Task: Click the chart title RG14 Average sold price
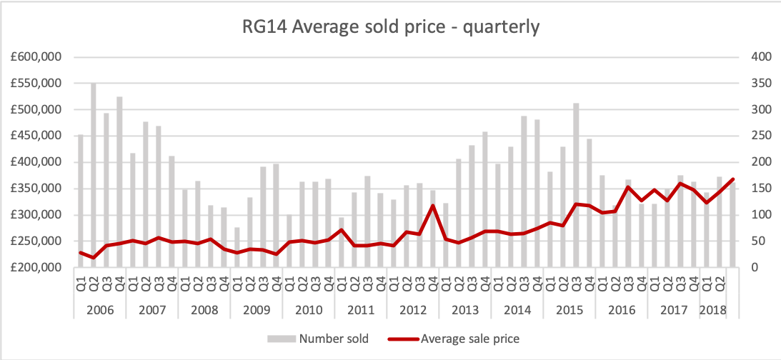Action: pyautogui.click(x=389, y=28)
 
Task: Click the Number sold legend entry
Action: pyautogui.click(x=319, y=339)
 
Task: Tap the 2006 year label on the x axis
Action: pyautogui.click(x=100, y=310)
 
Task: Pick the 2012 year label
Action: pyautogui.click(x=413, y=310)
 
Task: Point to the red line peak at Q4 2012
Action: pyautogui.click(x=432, y=206)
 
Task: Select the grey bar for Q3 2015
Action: pyautogui.click(x=576, y=185)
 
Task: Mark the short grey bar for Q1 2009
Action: pyautogui.click(x=237, y=247)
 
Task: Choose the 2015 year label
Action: pyautogui.click(x=569, y=310)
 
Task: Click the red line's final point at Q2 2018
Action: pyautogui.click(x=732, y=179)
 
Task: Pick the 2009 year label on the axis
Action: pyautogui.click(x=257, y=310)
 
